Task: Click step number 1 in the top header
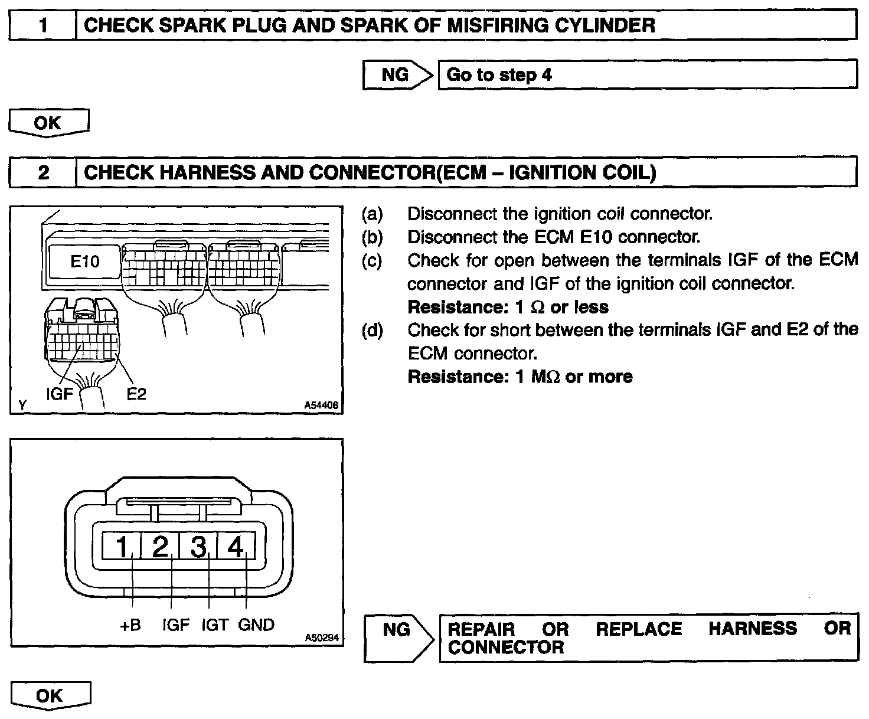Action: pos(43,26)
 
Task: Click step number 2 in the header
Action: pos(43,172)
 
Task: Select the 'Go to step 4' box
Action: pos(647,75)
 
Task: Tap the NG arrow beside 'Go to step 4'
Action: pos(397,75)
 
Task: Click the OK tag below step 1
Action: pos(48,123)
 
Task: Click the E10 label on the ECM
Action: pos(85,261)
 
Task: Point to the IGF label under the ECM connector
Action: pos(60,394)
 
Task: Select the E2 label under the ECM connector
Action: pos(136,394)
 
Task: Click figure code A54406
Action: pos(322,406)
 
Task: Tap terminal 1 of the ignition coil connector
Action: pos(122,547)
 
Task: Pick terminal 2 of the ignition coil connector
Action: pos(160,547)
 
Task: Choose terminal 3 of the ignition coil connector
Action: pos(198,547)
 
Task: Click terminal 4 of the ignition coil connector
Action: pos(236,547)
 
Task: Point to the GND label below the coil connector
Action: pos(256,625)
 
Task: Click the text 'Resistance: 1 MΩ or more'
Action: pos(520,377)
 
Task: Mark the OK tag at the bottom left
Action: pos(50,695)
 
